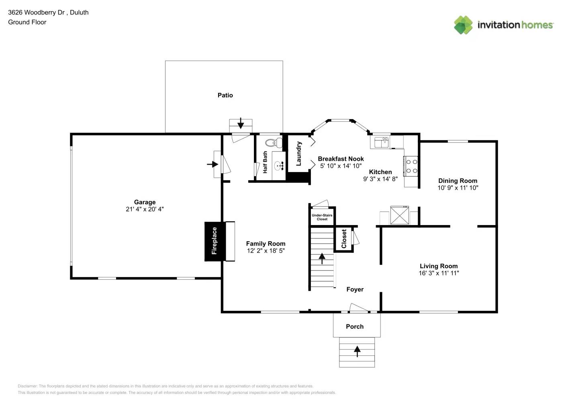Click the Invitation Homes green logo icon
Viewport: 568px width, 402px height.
coord(463,25)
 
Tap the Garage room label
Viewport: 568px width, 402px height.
coord(145,202)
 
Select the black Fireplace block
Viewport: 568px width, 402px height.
coord(215,241)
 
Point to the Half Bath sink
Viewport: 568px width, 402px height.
coord(279,165)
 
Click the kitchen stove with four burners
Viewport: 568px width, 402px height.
coord(411,166)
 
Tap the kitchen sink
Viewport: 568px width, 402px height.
coord(381,142)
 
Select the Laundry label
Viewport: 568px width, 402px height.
coord(298,154)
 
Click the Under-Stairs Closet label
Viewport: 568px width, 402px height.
coord(322,217)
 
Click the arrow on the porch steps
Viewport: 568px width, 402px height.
coord(357,351)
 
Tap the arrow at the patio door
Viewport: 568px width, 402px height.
coord(241,123)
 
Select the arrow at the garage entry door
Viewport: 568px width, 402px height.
coord(212,164)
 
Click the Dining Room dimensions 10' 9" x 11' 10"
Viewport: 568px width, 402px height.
coord(458,188)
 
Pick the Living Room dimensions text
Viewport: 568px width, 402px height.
coord(439,273)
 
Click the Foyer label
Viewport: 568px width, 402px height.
coord(355,289)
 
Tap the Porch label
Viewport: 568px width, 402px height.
coord(355,326)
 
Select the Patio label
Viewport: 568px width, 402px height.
coord(225,95)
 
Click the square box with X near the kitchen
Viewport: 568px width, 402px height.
coord(399,215)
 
